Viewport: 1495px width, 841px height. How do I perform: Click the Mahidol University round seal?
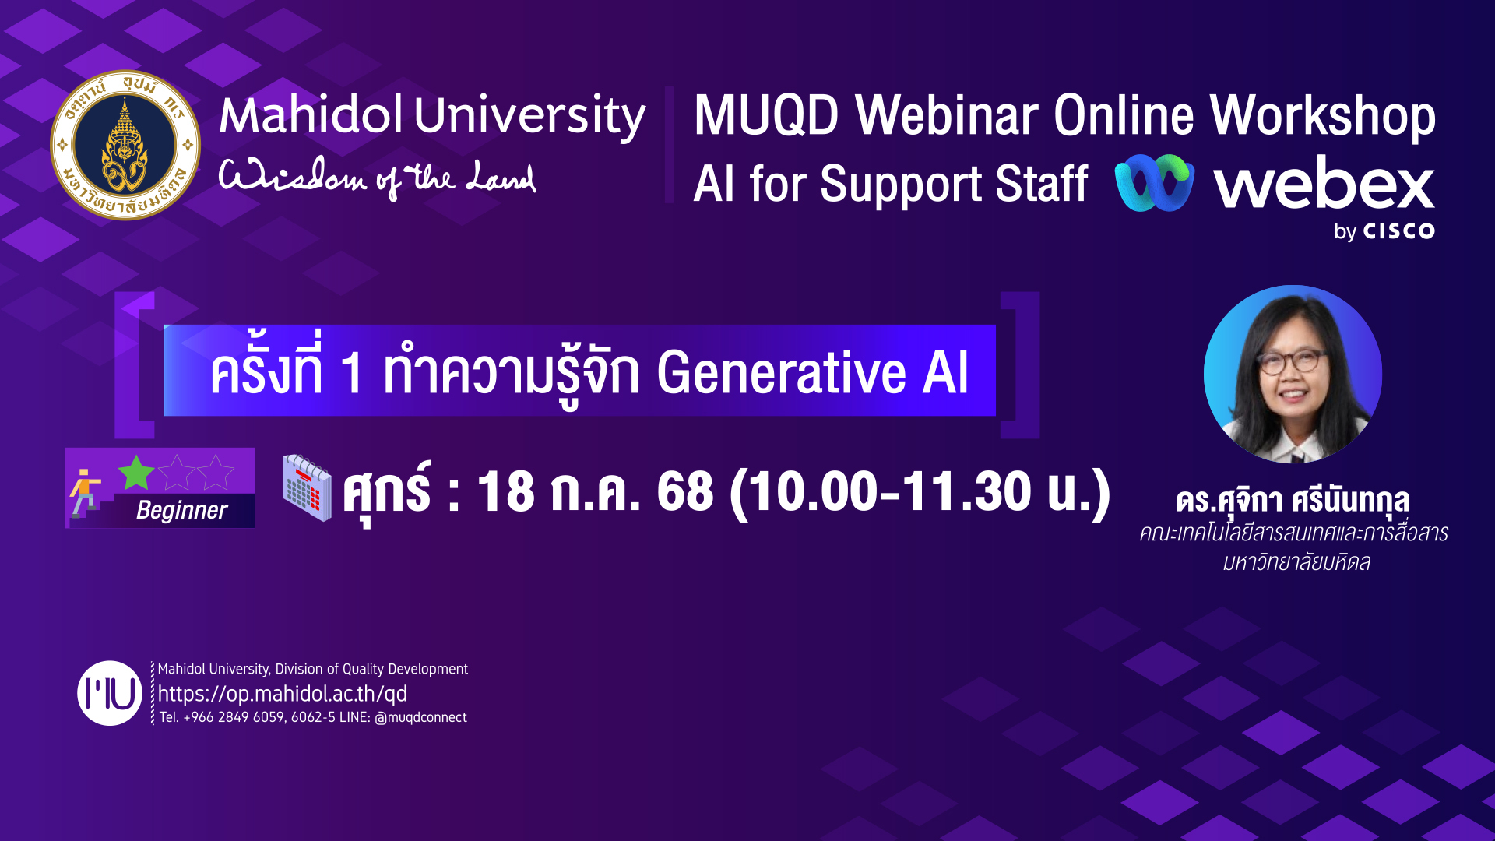125,146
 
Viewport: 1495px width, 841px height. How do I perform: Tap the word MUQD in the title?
766,115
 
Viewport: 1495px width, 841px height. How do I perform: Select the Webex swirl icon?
1154,183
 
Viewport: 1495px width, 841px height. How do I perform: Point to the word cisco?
1398,231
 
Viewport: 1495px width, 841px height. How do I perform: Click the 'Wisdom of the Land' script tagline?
377,178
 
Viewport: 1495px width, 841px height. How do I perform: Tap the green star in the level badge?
136,473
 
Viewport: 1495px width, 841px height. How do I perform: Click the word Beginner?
181,510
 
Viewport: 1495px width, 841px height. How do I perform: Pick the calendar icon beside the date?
307,487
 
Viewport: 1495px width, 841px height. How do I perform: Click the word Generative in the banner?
782,372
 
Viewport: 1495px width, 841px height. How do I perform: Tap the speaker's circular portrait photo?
1293,374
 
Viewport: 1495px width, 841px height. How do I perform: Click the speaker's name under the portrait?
1293,501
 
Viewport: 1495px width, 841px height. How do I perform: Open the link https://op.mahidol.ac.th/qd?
282,694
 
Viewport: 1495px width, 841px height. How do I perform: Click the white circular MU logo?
110,693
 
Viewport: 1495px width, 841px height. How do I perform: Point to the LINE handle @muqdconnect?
420,717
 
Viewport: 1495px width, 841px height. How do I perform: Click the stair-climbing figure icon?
86,493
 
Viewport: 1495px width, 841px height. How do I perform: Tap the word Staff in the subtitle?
1042,184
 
